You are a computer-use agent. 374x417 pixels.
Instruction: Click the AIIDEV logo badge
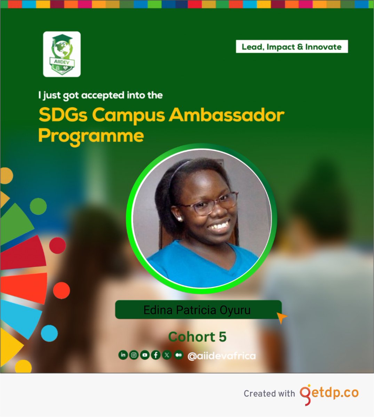pos(62,54)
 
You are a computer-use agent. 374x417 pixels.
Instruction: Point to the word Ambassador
pos(226,115)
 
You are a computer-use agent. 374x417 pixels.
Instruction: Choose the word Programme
pos(91,136)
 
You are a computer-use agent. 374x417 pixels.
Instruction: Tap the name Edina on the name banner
pos(158,310)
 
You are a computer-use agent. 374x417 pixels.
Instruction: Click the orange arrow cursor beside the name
pos(281,317)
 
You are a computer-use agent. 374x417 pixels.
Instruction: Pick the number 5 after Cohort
pos(223,337)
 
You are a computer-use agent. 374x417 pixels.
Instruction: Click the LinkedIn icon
pos(123,355)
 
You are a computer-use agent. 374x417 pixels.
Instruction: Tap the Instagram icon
pos(134,355)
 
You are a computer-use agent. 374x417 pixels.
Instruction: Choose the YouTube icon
pos(145,355)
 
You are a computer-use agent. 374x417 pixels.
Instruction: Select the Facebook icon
pos(156,355)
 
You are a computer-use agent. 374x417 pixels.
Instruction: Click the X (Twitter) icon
pos(167,355)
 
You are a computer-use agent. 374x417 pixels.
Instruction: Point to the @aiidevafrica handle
pos(221,356)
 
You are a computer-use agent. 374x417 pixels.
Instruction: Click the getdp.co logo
pos(329,394)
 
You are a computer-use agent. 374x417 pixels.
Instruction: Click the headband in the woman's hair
pos(176,174)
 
